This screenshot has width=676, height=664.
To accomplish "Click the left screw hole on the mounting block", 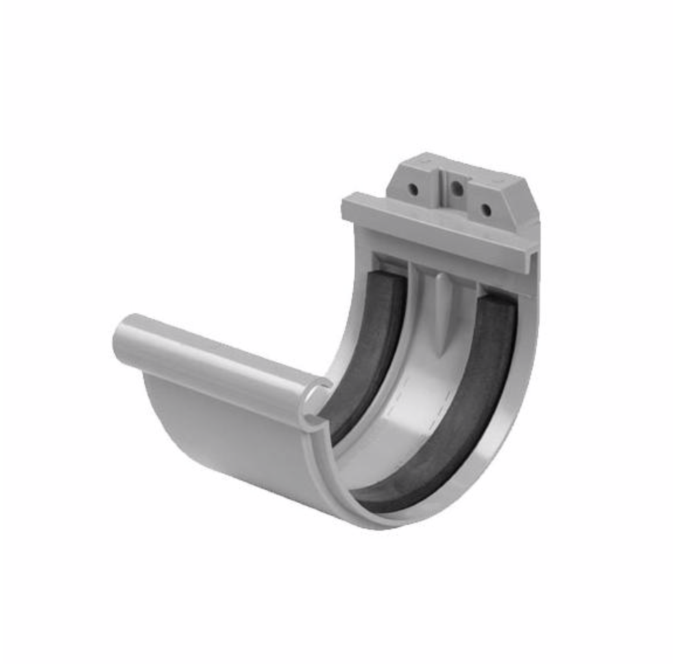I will [413, 190].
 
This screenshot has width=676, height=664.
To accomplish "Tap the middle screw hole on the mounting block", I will [457, 189].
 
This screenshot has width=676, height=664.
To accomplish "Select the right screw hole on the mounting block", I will [486, 209].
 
